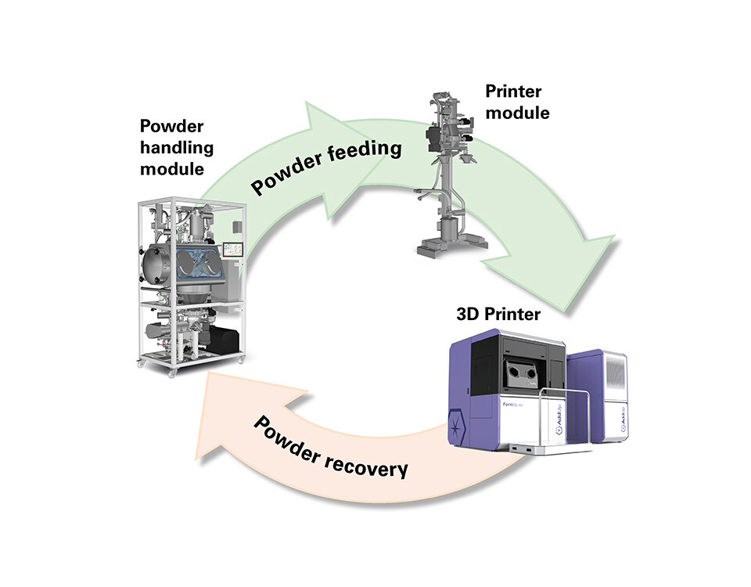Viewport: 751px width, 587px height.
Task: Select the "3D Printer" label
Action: [x=498, y=315]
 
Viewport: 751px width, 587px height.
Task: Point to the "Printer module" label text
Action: [x=517, y=102]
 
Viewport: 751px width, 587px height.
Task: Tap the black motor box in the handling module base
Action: [x=222, y=338]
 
